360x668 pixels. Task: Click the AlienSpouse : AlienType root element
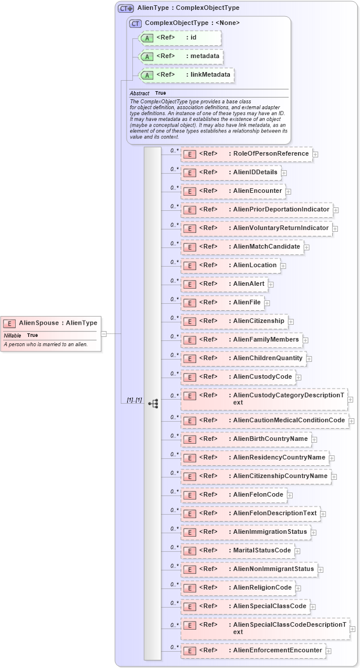pyautogui.click(x=51, y=323)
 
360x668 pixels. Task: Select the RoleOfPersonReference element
pyautogui.click(x=247, y=154)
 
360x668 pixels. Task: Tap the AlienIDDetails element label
pyautogui.click(x=255, y=173)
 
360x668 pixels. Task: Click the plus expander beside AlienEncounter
pyautogui.click(x=288, y=192)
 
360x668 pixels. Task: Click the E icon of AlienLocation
pyautogui.click(x=189, y=266)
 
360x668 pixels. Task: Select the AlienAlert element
pyautogui.click(x=224, y=284)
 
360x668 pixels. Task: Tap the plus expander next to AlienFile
pyautogui.click(x=267, y=303)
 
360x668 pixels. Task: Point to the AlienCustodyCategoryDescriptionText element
pyautogui.click(x=264, y=399)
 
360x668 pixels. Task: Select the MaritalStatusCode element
pyautogui.click(x=237, y=551)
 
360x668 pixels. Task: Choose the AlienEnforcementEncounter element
pyautogui.click(x=253, y=651)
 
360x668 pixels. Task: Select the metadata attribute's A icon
pyautogui.click(x=147, y=57)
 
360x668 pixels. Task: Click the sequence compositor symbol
pyautogui.click(x=153, y=403)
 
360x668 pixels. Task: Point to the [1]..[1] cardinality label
pyautogui.click(x=134, y=401)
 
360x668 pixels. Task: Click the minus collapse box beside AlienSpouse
pyautogui.click(x=104, y=334)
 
